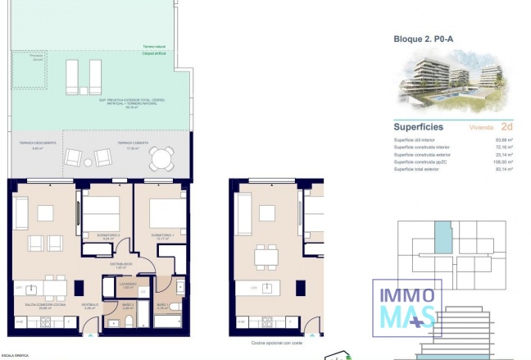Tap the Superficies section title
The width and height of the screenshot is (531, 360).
(419, 127)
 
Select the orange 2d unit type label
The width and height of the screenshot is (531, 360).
(506, 127)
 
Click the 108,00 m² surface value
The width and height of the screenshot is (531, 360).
(503, 162)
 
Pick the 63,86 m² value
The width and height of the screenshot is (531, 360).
(504, 140)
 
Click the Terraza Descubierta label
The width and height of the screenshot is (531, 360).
(37, 143)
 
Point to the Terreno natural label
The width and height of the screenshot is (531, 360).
(153, 47)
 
